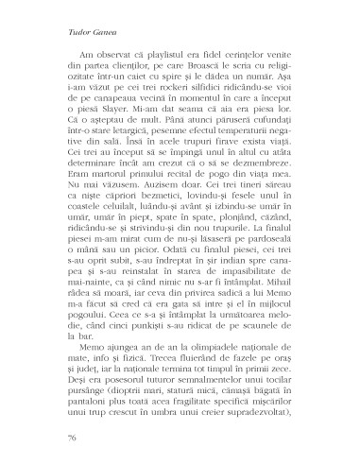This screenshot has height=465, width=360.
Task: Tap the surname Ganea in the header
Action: pos(84,28)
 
